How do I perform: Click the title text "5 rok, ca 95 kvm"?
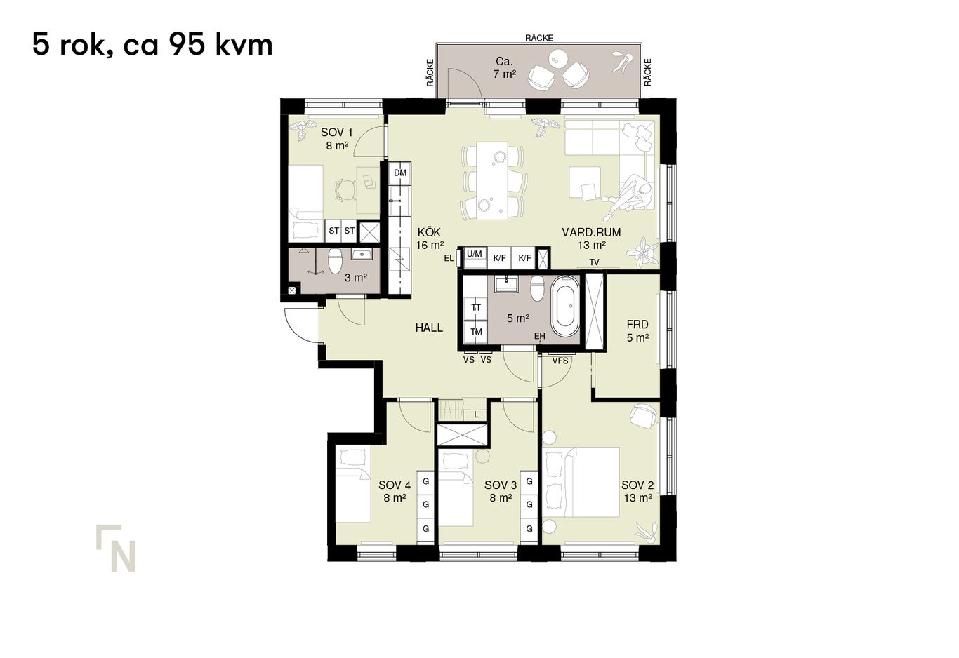pos(152,45)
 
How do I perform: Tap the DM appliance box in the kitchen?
pos(400,173)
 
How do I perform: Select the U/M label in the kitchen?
pos(475,254)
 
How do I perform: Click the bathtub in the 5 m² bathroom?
pos(565,307)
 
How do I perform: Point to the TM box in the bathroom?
pos(477,332)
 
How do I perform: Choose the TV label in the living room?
pos(594,262)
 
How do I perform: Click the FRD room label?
pos(637,325)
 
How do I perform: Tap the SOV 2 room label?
pos(637,485)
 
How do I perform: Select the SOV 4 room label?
pos(395,485)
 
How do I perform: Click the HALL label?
pos(429,328)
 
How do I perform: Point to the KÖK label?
pos(429,232)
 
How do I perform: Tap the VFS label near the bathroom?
pos(560,361)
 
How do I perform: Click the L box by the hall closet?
pos(477,415)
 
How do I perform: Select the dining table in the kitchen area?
pos(492,180)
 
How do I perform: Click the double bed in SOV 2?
pos(583,482)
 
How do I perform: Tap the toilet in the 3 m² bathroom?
pos(336,262)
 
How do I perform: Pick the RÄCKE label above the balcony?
pos(538,38)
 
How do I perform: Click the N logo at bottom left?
pos(116,548)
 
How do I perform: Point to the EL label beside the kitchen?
pos(449,258)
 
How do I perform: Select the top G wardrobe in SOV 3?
pos(529,482)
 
